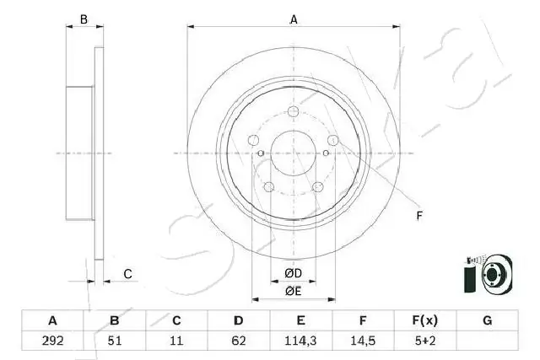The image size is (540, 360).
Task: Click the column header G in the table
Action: tap(487, 320)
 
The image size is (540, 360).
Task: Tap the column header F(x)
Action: tap(424, 320)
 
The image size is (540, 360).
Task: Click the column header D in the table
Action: tap(239, 320)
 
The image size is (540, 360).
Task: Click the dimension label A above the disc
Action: tap(294, 19)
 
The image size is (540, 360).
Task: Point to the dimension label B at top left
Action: tap(83, 19)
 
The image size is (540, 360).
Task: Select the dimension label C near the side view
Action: tap(127, 273)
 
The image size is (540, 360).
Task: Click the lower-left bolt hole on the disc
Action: tap(269, 187)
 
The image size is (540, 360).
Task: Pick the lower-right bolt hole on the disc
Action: tap(317, 187)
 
